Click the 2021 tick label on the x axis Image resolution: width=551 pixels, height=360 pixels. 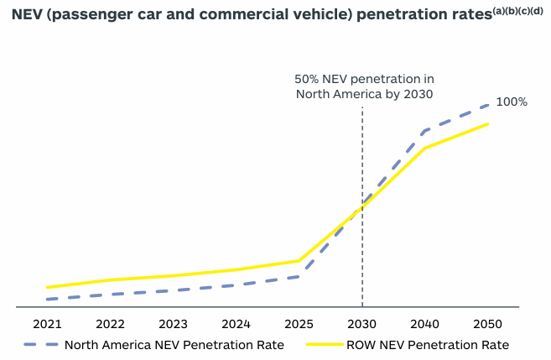(47, 324)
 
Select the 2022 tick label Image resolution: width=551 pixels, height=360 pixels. (110, 324)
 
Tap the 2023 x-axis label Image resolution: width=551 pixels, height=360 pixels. (173, 324)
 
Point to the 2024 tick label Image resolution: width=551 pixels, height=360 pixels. (237, 324)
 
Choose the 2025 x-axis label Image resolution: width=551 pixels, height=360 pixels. (299, 324)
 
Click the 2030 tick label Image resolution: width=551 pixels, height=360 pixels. (362, 324)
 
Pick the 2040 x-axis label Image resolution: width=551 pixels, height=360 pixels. (425, 324)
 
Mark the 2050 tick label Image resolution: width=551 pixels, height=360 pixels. (488, 324)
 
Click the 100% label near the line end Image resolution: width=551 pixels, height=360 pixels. (512, 102)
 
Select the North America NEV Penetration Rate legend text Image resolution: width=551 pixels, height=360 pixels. (174, 344)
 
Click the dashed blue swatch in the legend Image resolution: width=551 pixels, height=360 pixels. (39, 344)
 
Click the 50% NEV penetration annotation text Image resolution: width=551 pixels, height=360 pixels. (363, 86)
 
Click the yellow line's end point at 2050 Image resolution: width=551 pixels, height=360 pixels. (488, 124)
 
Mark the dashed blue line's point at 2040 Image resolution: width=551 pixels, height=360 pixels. (425, 131)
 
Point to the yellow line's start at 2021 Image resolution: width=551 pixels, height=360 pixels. (48, 287)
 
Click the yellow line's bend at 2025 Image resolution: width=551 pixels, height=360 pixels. (299, 260)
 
